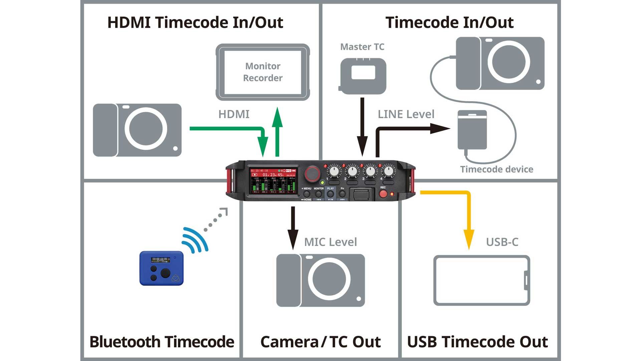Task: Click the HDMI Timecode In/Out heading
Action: (195, 23)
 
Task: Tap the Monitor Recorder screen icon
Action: (263, 72)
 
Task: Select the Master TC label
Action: (362, 47)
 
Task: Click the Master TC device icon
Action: (363, 76)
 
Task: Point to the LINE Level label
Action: (406, 114)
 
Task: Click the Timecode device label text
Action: (496, 169)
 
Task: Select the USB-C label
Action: (502, 242)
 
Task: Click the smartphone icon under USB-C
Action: (481, 280)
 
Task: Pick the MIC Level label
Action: (331, 242)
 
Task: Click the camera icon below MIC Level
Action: (320, 280)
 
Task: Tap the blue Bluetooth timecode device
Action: (162, 268)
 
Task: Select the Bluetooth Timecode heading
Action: (162, 342)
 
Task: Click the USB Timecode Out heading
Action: (477, 342)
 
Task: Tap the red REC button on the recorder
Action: (383, 194)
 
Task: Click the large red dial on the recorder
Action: (312, 173)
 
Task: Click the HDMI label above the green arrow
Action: (234, 114)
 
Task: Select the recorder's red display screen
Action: (273, 182)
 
